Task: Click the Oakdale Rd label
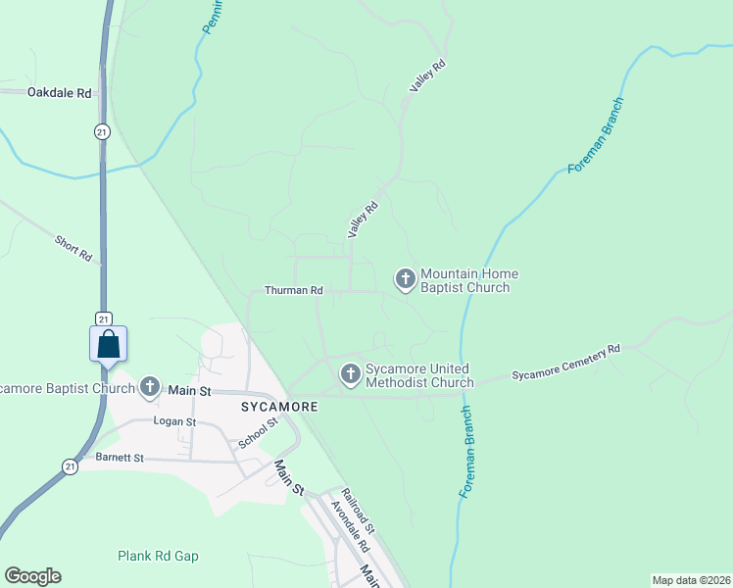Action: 60,93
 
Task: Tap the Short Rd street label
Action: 73,249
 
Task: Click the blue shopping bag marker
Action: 108,344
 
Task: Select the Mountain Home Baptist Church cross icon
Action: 405,279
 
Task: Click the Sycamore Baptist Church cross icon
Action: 149,387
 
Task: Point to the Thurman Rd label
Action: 293,291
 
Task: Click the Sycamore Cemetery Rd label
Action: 566,364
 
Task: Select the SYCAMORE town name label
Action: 280,406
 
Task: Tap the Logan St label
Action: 175,421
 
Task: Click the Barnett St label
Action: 120,458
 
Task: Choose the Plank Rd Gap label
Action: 158,556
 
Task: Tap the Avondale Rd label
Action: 349,527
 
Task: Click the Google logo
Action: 32,576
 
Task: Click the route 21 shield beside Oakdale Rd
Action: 102,131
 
